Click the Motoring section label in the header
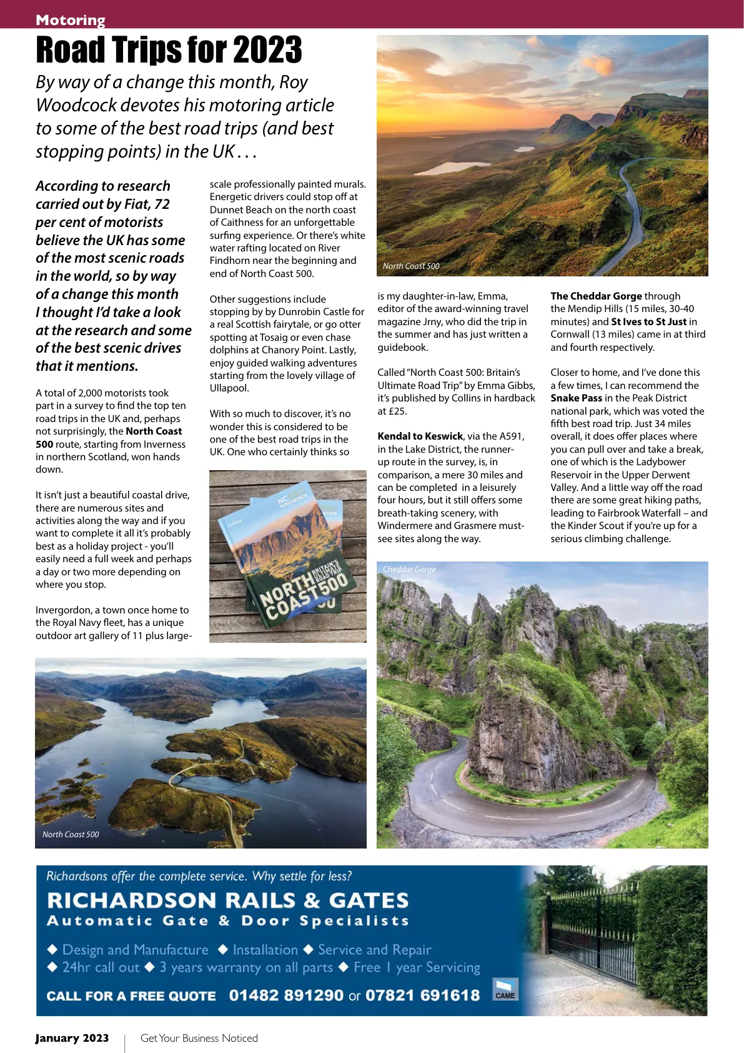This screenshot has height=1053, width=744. [71, 20]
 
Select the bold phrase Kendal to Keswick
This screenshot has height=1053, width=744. [420, 436]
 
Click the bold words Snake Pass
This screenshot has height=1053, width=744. [576, 398]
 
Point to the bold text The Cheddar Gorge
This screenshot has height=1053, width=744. [596, 296]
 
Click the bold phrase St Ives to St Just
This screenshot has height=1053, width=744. [648, 321]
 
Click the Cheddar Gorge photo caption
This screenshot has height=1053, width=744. [409, 569]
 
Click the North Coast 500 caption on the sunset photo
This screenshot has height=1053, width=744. [411, 266]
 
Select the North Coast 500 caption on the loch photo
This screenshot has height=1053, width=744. [71, 834]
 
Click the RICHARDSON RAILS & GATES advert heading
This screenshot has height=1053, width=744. [228, 900]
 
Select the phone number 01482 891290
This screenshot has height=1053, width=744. [286, 995]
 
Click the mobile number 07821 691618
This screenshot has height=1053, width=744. [422, 995]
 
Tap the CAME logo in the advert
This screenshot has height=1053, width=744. [505, 990]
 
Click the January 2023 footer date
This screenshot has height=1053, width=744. [72, 1038]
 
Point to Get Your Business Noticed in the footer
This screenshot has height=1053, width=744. [199, 1038]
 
